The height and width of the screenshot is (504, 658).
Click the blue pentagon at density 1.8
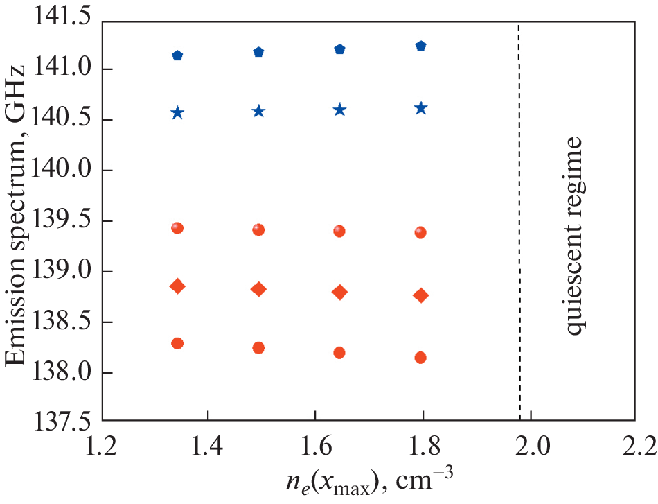[420, 46]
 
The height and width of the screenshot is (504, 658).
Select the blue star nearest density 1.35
[177, 113]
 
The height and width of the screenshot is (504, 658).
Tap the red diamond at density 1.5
[258, 289]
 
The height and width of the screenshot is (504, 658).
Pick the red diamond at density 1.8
[420, 295]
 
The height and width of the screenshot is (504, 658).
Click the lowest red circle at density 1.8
[420, 358]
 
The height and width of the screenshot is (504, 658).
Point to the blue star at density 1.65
[339, 110]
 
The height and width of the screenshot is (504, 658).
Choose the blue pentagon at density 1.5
[258, 52]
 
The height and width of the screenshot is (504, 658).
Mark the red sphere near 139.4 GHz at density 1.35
[177, 228]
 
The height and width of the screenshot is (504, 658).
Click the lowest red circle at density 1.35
[177, 343]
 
